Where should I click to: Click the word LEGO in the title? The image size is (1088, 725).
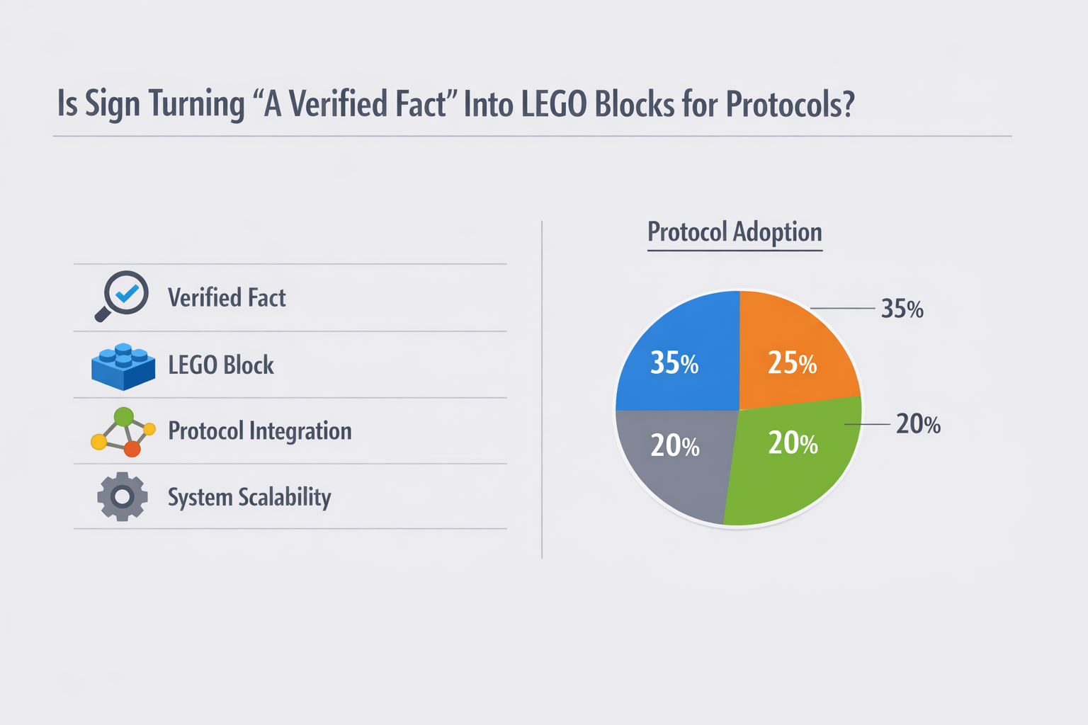click(x=553, y=104)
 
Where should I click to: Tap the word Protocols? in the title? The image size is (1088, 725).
click(x=790, y=104)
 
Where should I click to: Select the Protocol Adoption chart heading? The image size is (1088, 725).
click(x=735, y=232)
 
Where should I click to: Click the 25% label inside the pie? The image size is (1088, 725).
click(x=792, y=363)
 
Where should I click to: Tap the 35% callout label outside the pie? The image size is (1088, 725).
click(x=902, y=309)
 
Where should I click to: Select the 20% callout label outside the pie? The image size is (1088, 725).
click(x=918, y=424)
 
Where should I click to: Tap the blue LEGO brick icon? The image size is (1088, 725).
click(x=123, y=366)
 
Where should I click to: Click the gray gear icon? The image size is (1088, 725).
click(x=123, y=497)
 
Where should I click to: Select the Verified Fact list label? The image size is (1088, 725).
click(x=227, y=298)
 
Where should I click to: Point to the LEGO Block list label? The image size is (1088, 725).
click(x=220, y=365)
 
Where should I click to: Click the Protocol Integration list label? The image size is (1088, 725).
click(x=259, y=431)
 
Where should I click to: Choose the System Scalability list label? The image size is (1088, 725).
click(x=249, y=498)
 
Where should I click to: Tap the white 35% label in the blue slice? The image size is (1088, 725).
click(x=674, y=363)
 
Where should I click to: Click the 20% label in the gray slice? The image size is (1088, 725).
click(x=674, y=446)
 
